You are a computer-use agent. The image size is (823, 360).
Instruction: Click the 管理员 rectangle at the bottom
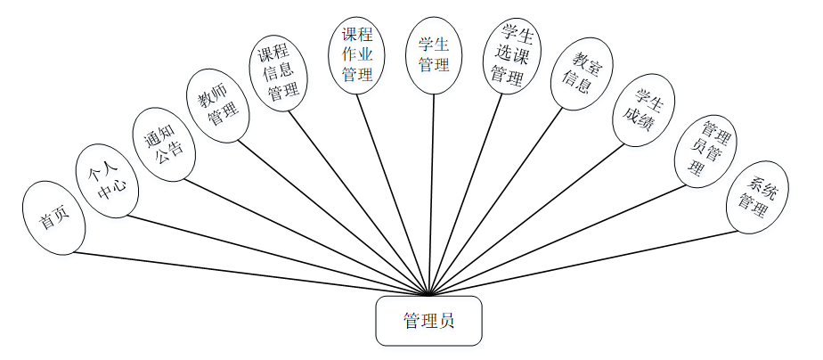pos(428,321)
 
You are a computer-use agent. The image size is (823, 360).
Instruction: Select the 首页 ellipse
pos(54,217)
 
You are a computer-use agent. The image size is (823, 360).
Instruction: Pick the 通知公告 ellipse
pos(161,144)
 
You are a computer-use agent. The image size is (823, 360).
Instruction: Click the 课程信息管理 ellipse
pos(278,74)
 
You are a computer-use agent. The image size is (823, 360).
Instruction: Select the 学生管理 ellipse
pos(434,55)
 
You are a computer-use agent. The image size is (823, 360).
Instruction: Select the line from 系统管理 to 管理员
pos(588,263)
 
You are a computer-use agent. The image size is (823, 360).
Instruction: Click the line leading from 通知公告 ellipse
pos(303,237)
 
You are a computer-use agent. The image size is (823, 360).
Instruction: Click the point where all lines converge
pos(429,295)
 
